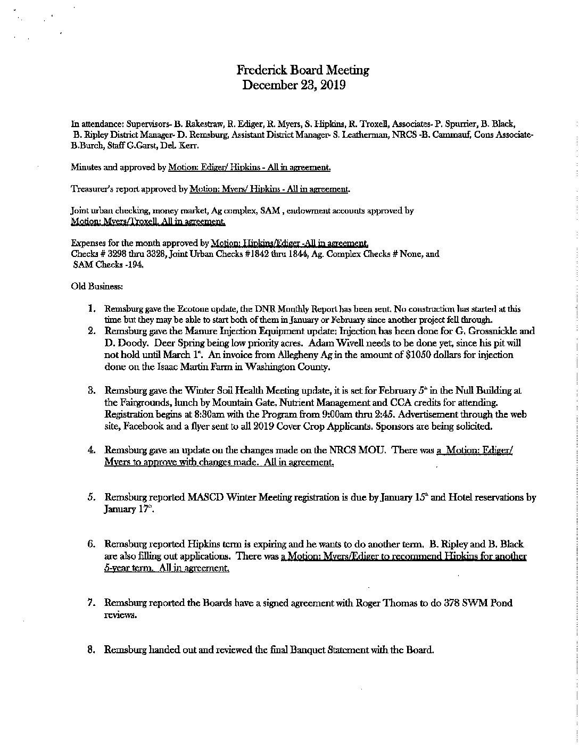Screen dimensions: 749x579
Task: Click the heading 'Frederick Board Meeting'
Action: (x=303, y=70)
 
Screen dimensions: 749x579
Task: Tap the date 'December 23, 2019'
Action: (x=294, y=85)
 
